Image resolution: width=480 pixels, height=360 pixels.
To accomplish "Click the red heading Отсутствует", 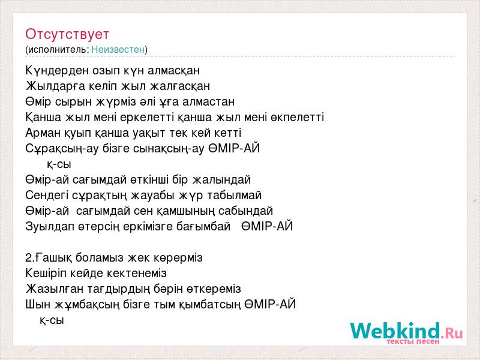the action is pos(67,34).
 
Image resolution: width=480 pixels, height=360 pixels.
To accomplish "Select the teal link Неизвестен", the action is pos(118,49).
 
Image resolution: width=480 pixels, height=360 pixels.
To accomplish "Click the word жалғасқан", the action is pos(180,86).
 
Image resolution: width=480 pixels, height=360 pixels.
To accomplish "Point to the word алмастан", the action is pos(208,101).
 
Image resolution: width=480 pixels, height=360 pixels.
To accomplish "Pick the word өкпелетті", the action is pos(297,117).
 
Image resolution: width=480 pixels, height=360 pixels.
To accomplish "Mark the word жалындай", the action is pos(221,179).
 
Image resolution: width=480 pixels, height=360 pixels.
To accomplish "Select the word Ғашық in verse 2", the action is pos(53,258).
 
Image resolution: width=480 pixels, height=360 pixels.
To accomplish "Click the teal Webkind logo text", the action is pos(395,331).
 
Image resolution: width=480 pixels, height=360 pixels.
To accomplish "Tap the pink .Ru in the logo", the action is pos(452,333).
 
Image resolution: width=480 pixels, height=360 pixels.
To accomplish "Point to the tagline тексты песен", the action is pos(413,341).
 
